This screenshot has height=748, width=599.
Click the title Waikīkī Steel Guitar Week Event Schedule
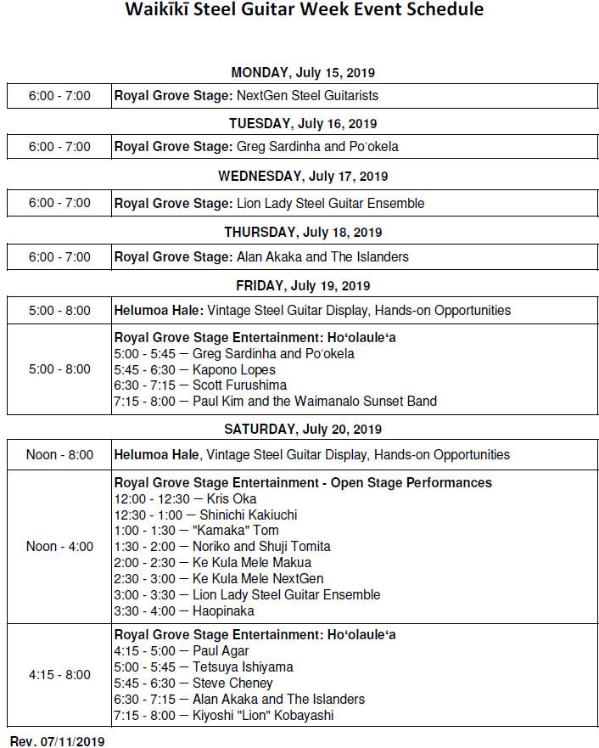click(304, 10)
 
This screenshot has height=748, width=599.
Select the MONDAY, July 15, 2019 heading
click(303, 73)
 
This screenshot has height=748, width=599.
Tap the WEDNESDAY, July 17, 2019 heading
click(303, 177)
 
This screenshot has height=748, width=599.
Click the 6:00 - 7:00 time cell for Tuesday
click(59, 147)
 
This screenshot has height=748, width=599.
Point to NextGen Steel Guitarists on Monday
click(307, 96)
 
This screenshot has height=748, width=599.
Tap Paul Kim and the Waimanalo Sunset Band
click(275, 402)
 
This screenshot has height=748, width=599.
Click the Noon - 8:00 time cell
click(59, 455)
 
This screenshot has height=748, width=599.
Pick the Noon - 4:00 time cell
click(59, 547)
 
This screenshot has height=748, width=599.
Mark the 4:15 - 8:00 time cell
click(59, 675)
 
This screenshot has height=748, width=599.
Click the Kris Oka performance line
click(185, 498)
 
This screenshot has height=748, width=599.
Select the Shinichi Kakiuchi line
click(205, 515)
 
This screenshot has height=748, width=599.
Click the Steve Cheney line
click(193, 683)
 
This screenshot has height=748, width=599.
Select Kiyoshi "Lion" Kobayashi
click(224, 716)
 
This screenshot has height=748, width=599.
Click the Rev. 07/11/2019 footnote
click(57, 741)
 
